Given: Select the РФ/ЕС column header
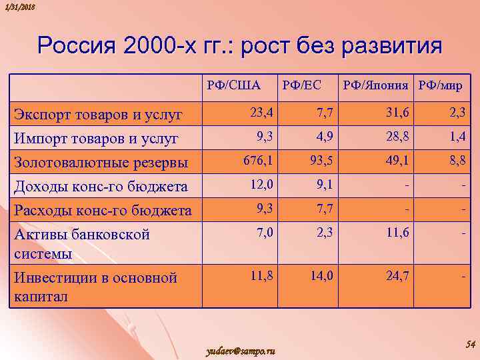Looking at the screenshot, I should point(302,85).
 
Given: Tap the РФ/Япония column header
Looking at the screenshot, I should point(376,85).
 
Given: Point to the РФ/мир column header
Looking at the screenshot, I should point(441,85).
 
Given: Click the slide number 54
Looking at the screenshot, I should point(469,343).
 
